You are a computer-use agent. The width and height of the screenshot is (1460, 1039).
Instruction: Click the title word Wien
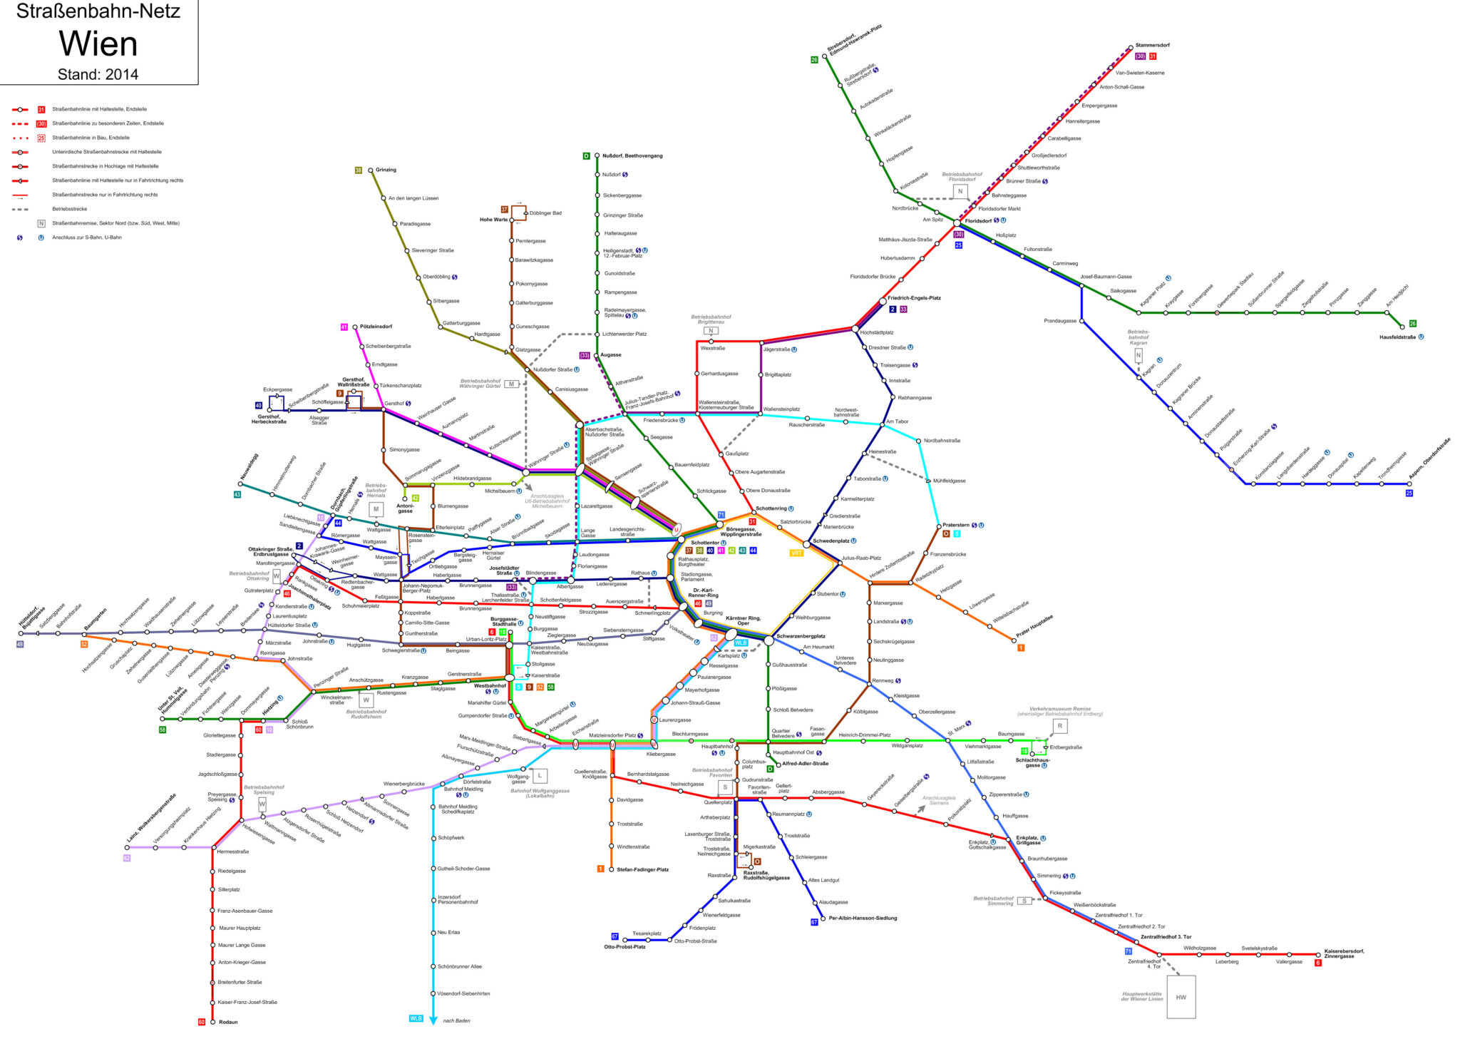pos(98,44)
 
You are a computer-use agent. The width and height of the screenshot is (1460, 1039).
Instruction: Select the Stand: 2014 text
pos(98,74)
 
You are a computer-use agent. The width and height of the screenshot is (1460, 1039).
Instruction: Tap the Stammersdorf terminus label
pos(1152,45)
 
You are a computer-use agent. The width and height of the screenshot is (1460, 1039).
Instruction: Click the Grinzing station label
pos(386,170)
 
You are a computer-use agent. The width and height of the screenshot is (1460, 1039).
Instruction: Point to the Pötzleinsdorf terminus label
pos(376,327)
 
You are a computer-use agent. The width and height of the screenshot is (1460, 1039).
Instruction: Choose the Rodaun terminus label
pos(228,1022)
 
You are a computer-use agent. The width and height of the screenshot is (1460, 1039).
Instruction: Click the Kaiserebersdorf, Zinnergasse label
pos(1344,953)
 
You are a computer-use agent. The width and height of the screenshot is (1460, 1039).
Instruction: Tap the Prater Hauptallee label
pos(1034,626)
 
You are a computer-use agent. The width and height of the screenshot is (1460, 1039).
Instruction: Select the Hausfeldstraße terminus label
pos(1397,337)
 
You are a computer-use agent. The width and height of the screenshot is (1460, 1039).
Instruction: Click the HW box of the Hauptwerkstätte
pos(1181,997)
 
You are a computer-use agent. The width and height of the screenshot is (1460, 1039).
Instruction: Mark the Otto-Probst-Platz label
pos(624,947)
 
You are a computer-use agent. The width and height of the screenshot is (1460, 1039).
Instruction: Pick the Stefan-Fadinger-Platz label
pos(642,869)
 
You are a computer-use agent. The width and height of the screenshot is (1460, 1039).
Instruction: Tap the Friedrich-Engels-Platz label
pos(914,298)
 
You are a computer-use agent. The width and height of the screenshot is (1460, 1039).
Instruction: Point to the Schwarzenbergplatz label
pos(801,636)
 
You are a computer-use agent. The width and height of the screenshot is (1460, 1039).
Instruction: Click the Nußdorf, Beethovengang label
pos(632,155)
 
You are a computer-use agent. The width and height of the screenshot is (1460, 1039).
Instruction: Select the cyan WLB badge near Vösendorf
pos(416,1018)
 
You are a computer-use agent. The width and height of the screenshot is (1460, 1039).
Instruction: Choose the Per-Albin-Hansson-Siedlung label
pos(863,918)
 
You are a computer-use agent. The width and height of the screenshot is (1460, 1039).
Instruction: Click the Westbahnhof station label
pos(490,685)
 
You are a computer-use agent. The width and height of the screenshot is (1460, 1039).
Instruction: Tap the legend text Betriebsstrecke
pos(69,209)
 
